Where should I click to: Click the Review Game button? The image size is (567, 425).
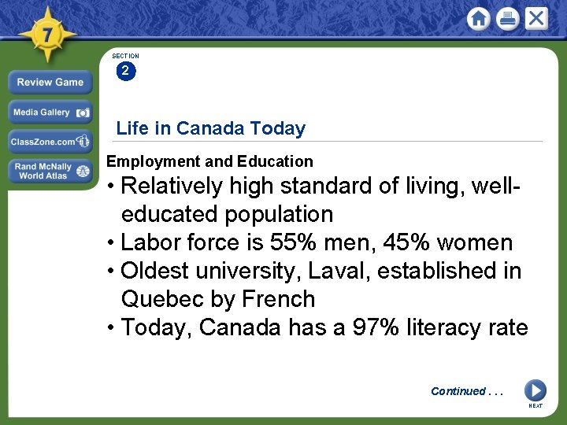pos(50,82)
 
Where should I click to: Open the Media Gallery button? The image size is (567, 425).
pos(50,113)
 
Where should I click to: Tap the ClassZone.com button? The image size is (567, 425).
pos(50,142)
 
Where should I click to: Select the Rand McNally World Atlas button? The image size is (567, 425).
pos(50,171)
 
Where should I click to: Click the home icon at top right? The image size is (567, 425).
pos(478,19)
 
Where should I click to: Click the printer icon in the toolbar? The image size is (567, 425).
pos(507,19)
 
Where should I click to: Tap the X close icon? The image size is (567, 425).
pos(536,18)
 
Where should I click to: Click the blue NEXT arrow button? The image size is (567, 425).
pos(535,390)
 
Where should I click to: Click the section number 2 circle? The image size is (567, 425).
pos(125,72)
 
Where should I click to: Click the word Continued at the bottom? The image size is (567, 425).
pos(458,391)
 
